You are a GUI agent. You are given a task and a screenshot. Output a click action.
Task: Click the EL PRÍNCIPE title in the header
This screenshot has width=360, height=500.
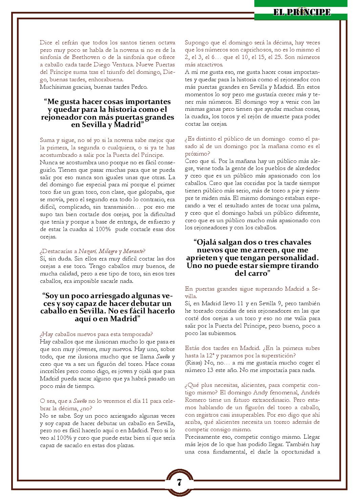[x=302, y=13]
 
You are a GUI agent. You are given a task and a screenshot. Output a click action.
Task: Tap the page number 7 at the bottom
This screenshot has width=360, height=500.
[x=179, y=482]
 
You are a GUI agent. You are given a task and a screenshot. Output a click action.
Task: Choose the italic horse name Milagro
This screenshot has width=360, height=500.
[x=108, y=251]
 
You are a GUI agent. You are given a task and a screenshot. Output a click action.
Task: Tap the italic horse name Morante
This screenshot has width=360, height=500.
[x=133, y=251]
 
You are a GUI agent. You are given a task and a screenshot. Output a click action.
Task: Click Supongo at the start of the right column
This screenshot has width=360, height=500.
[x=196, y=43]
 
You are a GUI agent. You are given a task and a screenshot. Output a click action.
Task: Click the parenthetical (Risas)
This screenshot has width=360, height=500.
[x=193, y=363]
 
